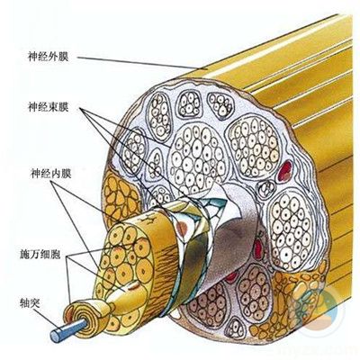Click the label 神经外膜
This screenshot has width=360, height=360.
pos(49,57)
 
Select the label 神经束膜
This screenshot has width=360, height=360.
pos(49,107)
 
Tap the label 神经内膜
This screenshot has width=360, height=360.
pos(50,174)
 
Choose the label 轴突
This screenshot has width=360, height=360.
pos(30,303)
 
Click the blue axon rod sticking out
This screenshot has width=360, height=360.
pos(68,328)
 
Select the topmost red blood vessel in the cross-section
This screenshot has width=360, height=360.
pos(285,171)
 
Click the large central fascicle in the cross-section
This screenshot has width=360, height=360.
pos(198,159)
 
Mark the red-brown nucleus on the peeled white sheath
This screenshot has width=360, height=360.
pos(182,228)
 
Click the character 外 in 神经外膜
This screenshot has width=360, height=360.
pos(53,57)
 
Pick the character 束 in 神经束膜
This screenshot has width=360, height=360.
pos(53,107)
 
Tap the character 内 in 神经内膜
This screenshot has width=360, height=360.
pos(56,174)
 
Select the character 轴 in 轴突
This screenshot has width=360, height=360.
pos(24,303)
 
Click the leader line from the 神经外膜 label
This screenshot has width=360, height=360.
pos(139,63)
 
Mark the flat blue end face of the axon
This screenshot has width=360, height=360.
pos(56,336)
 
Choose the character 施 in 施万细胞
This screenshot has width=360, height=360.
pos(24,255)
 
